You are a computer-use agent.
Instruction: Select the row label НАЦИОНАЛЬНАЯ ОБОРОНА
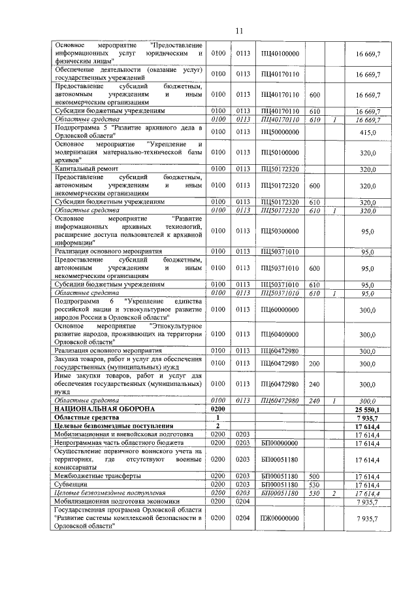(104, 409)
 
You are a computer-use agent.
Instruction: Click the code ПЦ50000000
(280, 133)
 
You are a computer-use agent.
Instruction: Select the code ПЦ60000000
(280, 310)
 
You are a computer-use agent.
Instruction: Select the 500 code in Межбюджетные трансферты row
(313, 476)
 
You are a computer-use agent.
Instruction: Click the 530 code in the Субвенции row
(313, 485)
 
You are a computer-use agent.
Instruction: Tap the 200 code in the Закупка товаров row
(313, 363)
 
